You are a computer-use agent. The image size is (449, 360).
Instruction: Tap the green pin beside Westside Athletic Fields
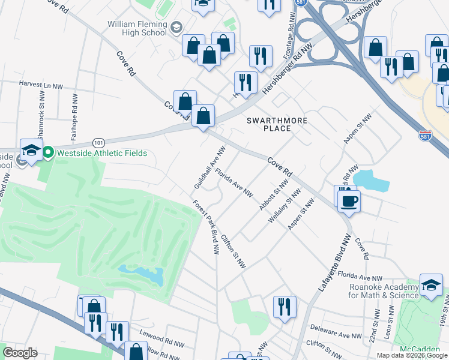pyautogui.click(x=48, y=153)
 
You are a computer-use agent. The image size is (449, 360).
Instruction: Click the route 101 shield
pyautogui.click(x=99, y=142)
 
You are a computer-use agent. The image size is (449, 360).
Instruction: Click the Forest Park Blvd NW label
pyautogui.click(x=205, y=227)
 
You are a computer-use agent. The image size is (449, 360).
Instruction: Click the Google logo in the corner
pyautogui.click(x=20, y=352)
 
